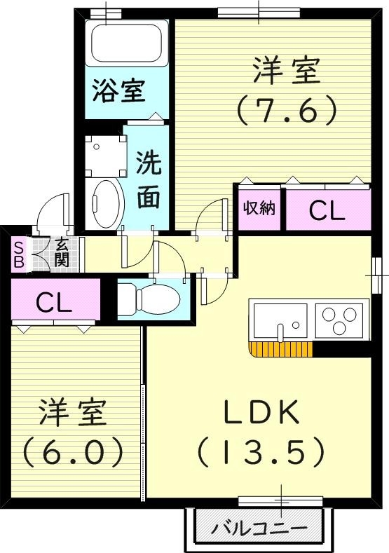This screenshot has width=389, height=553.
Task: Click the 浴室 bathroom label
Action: pos(119,90)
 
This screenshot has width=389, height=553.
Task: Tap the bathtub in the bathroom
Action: pos(126,43)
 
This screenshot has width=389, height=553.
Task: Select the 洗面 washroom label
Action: pos(148,182)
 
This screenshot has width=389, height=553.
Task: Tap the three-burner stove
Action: pos(341,320)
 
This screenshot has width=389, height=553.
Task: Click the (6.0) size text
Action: pos(73,452)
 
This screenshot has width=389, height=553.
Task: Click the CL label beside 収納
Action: pos(327,210)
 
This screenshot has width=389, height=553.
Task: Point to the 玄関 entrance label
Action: pos(62,252)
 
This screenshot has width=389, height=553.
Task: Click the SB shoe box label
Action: pos(19,254)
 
